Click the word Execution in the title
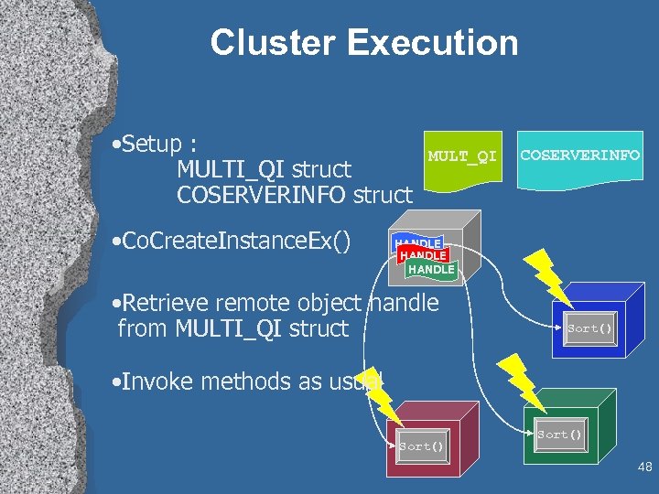coord(431,43)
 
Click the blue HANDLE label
coord(417,242)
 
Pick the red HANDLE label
coord(423,256)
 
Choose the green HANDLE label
coord(431,270)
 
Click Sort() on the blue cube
coord(589,328)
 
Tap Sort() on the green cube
coord(559,435)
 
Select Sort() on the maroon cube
coord(422,446)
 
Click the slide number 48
coord(644,467)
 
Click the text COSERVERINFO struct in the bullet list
coord(294,194)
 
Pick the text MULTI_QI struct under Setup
coord(264,169)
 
